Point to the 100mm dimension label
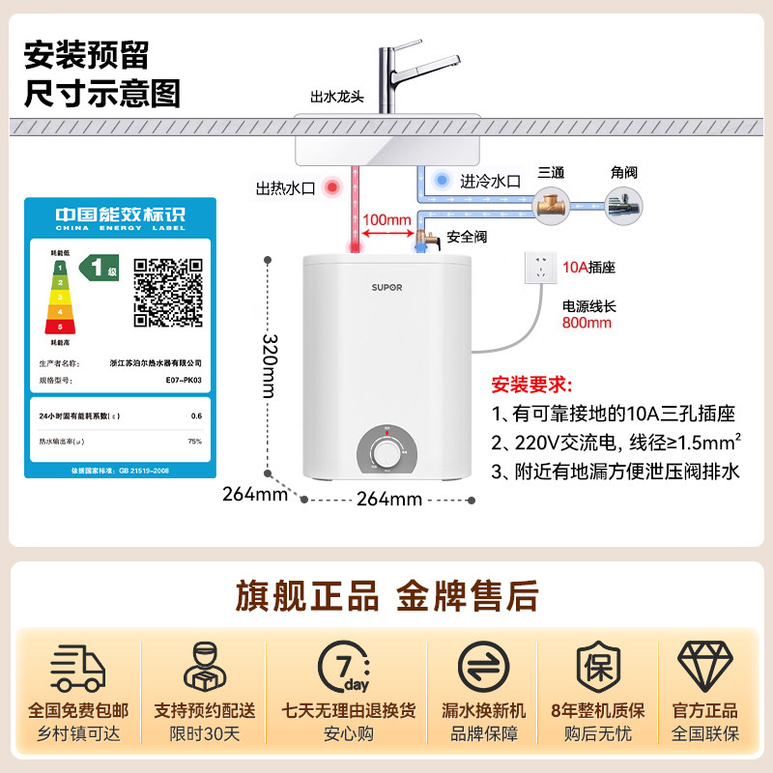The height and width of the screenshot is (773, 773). (x=386, y=219)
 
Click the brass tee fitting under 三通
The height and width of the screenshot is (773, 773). (x=552, y=207)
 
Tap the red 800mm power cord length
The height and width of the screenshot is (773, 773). (x=587, y=323)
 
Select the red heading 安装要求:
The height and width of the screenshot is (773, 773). (x=532, y=384)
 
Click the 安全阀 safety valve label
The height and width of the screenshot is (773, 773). (x=466, y=237)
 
